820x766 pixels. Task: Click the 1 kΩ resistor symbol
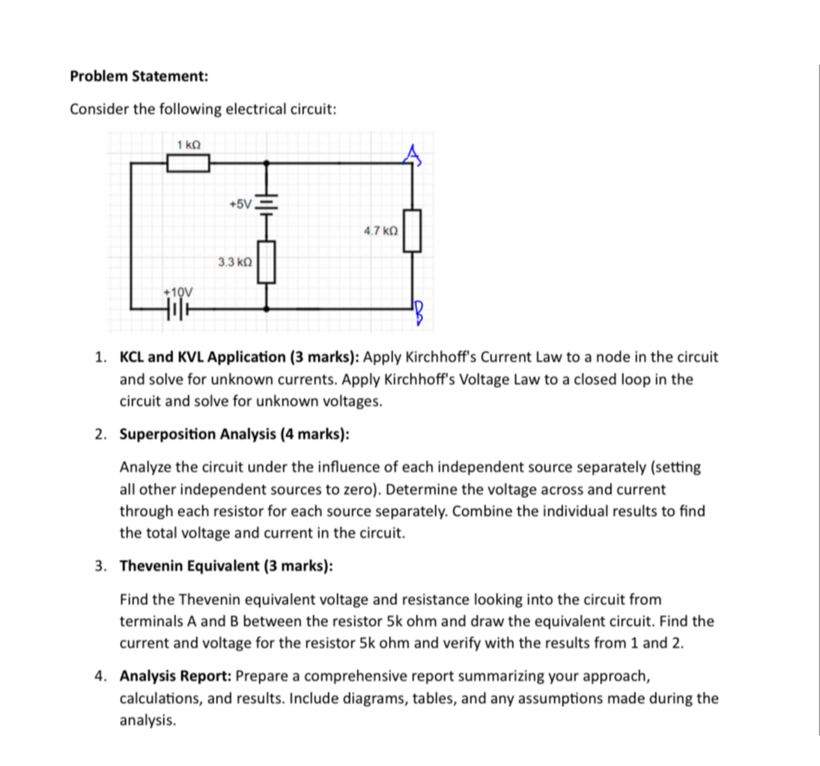187,162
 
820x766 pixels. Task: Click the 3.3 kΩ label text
234,262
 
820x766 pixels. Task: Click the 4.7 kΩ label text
380,231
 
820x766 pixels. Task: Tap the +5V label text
240,204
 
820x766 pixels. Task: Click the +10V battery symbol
176,308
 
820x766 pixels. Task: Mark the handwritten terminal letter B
420,313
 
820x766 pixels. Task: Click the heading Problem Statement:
139,76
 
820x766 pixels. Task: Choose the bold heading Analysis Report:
176,676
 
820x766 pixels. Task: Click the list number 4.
100,676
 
